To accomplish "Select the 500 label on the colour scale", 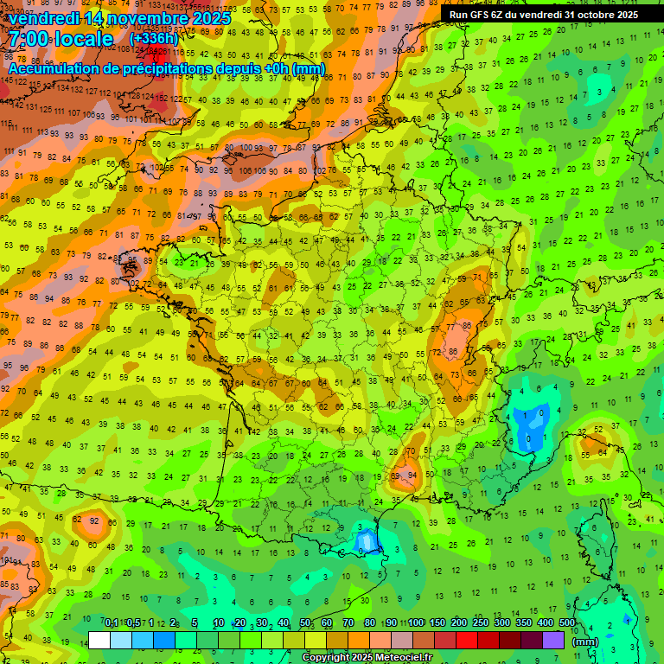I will [x=566, y=622].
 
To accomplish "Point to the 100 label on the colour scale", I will [x=415, y=622].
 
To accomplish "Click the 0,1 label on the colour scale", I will [x=112, y=622].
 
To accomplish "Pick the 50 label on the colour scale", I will [x=305, y=622].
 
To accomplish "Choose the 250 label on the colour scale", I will [x=480, y=622].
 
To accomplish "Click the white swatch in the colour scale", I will [x=99, y=640].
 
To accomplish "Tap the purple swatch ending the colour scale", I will [x=553, y=640].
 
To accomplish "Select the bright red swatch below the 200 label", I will [x=467, y=640].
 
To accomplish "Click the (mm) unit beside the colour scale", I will [x=585, y=642].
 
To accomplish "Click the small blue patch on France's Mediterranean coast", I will [x=367, y=542].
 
